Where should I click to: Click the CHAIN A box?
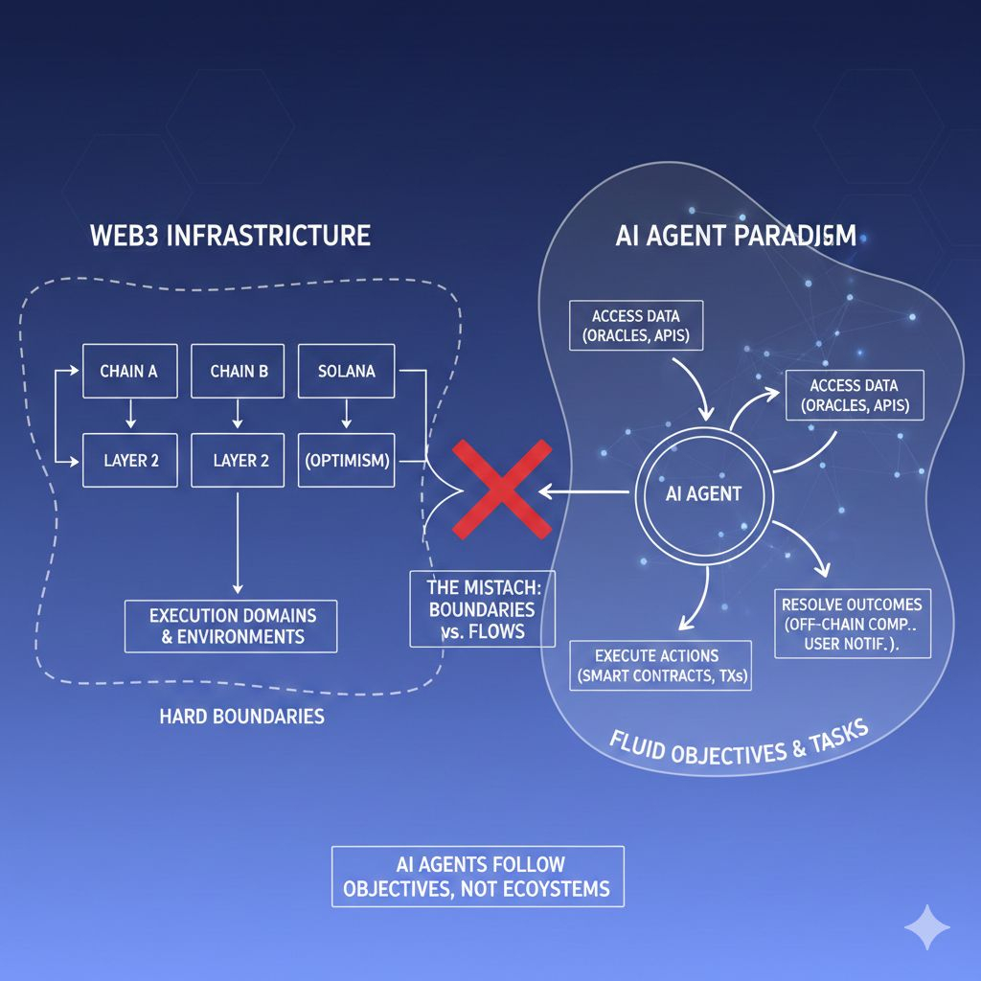128,372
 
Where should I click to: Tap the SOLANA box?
347,372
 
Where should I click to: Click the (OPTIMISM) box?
347,460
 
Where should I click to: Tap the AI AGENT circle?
703,494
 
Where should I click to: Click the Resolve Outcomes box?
852,624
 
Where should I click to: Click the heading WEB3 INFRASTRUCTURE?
230,236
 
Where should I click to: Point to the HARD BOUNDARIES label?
241,716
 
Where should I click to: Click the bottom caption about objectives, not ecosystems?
477,876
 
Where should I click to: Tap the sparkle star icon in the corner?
927,927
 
